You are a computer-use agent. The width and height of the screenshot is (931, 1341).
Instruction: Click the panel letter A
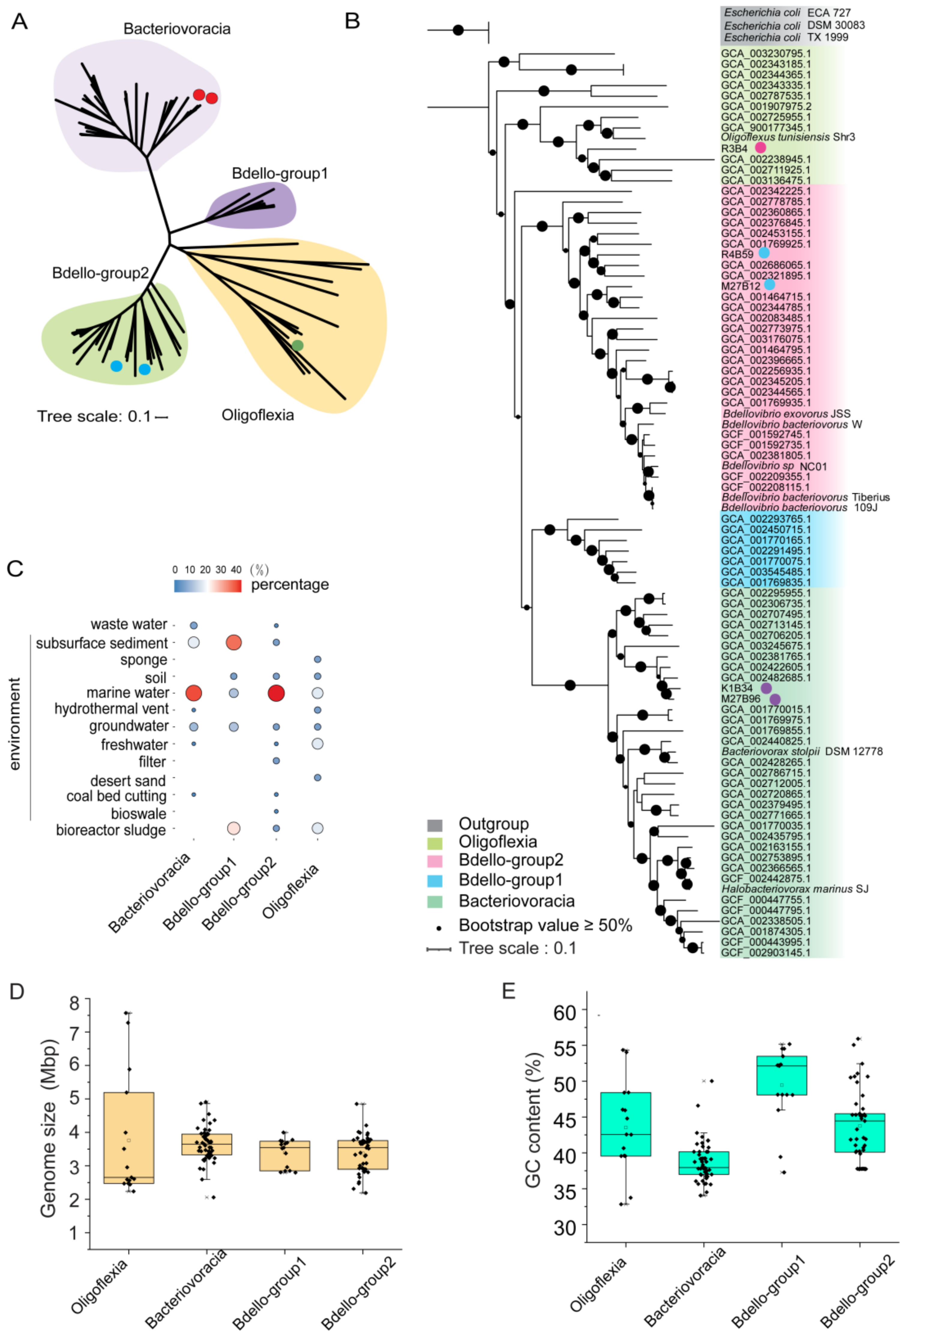point(19,22)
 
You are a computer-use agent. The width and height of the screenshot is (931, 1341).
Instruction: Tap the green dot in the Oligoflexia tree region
point(297,346)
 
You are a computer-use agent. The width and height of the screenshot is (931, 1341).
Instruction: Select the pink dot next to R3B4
point(760,148)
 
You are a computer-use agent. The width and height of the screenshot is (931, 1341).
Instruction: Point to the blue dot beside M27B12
point(770,285)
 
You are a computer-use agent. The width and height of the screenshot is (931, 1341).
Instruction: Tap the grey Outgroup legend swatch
point(435,825)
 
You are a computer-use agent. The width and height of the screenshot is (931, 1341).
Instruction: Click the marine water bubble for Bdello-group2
point(276,693)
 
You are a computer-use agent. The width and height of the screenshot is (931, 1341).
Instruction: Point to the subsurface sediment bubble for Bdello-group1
point(233,643)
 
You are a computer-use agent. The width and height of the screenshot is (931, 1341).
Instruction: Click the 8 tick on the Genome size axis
point(75,1003)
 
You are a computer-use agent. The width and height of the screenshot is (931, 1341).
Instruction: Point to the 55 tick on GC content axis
point(565,1047)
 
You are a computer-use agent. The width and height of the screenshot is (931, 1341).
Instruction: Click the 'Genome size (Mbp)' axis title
point(49,1128)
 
